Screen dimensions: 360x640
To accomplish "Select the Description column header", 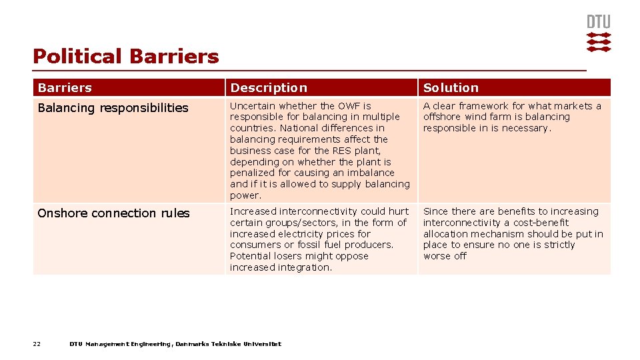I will click(269, 88).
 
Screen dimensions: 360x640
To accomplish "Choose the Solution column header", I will click(451, 88).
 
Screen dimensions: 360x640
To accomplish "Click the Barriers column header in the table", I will click(65, 88).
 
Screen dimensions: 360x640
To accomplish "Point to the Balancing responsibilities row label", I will click(113, 108).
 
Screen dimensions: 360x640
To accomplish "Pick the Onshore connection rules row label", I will click(113, 213).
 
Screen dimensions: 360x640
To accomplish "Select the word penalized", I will click(252, 173).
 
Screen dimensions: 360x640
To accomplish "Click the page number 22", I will click(37, 344).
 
